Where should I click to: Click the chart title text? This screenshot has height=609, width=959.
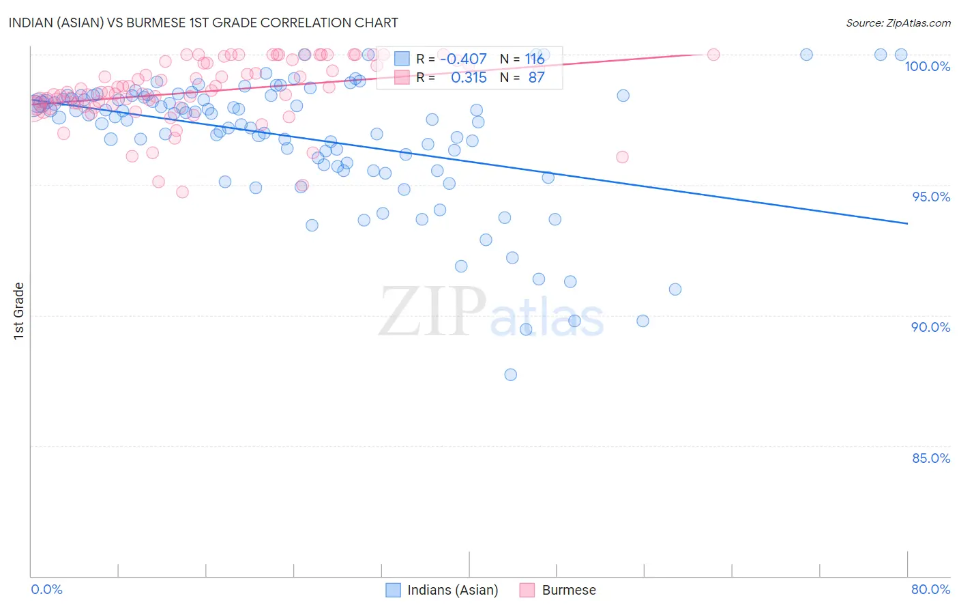coord(203,23)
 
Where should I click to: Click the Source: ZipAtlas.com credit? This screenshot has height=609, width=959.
coord(898,23)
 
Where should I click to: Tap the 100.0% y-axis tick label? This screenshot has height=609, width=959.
coord(927,66)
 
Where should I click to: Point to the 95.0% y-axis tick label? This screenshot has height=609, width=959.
coord(931,197)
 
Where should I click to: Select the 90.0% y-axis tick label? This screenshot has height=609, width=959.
coord(930,327)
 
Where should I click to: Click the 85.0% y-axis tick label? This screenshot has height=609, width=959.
coord(930,458)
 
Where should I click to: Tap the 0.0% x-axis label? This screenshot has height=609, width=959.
coord(46,589)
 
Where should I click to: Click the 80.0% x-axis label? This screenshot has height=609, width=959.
coord(930,589)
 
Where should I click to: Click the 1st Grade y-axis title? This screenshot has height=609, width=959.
coord(19,311)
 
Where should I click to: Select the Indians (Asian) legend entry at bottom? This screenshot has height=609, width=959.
coord(442,590)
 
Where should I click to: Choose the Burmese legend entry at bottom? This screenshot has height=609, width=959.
coord(558,590)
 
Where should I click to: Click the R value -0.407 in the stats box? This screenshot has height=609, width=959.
coord(463,59)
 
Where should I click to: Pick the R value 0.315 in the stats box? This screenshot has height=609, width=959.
coord(469,78)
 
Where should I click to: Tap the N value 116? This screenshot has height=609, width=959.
coord(535,59)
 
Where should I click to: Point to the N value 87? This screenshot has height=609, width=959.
coord(536,78)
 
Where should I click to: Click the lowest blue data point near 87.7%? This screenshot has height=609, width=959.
coord(510,375)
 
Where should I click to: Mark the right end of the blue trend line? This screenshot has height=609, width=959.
coord(907,223)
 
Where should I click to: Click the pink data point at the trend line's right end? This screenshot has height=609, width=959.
coord(713,55)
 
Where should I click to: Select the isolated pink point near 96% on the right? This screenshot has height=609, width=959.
coord(622,157)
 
